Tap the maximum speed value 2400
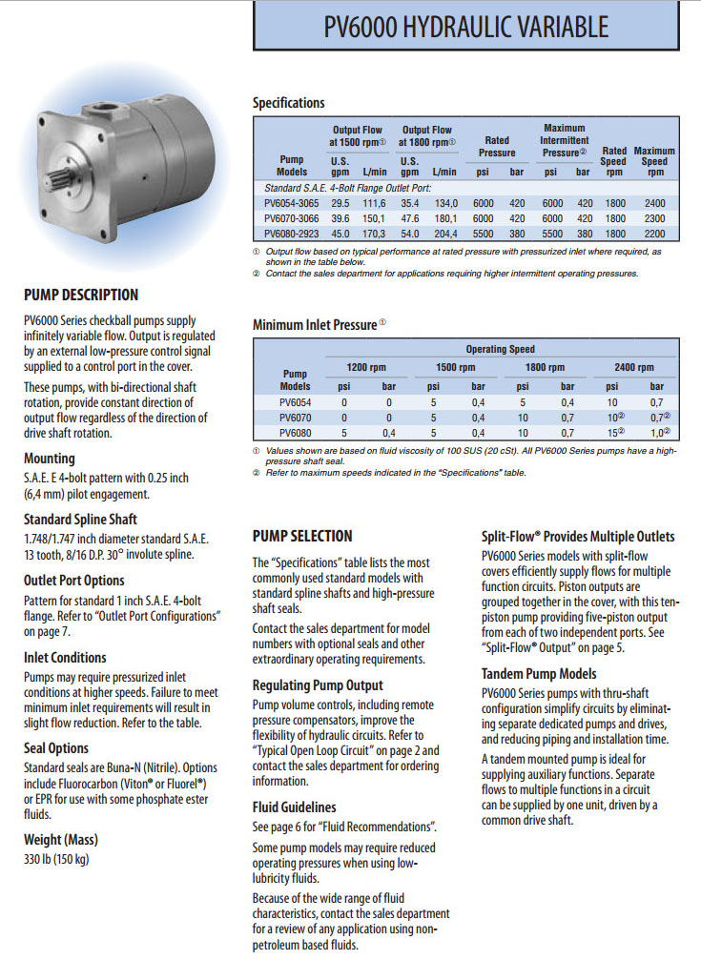pos(654,203)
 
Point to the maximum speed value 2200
pos(654,232)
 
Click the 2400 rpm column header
pos(634,367)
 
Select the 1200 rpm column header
pos(363,367)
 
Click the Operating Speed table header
pos(500,349)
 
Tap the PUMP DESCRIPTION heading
pos(81,295)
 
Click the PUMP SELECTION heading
pos(302,536)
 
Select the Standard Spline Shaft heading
pos(80,520)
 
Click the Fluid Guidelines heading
pos(294,807)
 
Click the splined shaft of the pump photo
pos(56,178)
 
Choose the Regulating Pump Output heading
pos(318,684)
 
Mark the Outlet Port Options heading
pos(74,580)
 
